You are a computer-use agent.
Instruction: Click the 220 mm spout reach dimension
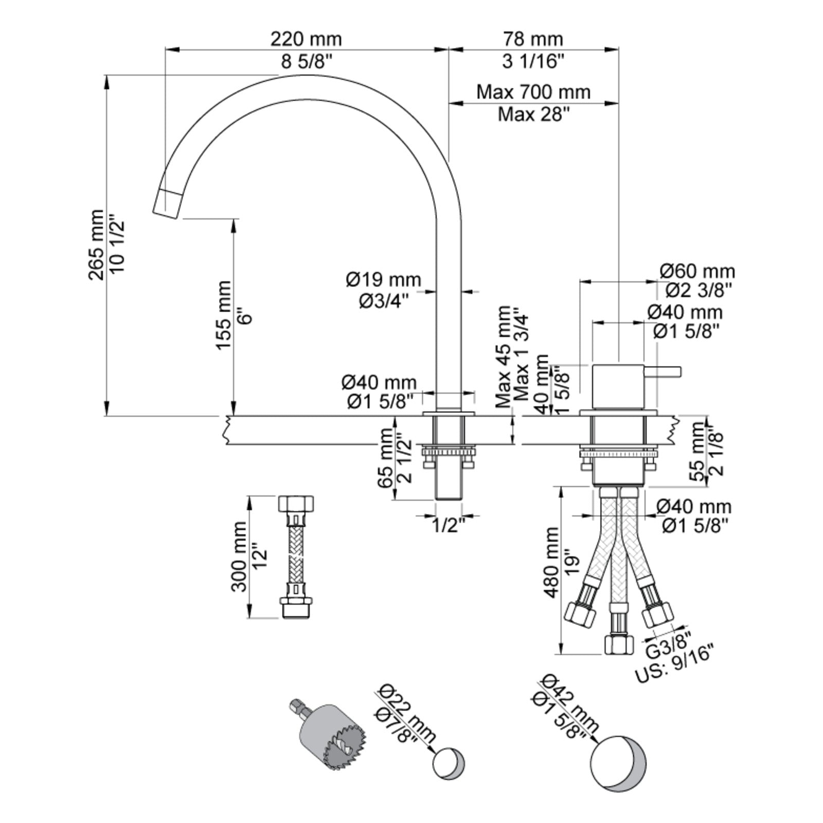[x=306, y=39]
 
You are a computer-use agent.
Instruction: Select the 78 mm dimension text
[x=533, y=39]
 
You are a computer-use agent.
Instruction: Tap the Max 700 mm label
[x=533, y=92]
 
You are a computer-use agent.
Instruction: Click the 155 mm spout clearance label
[x=223, y=315]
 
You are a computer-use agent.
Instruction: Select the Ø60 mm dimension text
[x=697, y=271]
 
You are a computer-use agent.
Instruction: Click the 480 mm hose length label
[x=551, y=562]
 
